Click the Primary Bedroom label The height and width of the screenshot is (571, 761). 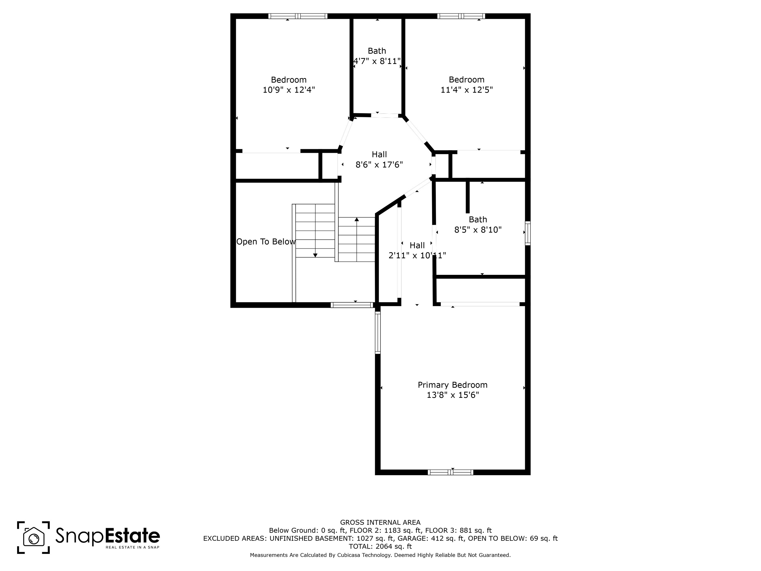pyautogui.click(x=452, y=385)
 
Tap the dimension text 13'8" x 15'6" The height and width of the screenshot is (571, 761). pyautogui.click(x=452, y=395)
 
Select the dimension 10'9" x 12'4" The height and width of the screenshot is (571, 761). pyautogui.click(x=289, y=90)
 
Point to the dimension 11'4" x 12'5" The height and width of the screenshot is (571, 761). pyautogui.click(x=466, y=90)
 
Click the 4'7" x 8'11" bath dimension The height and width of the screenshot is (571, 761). pyautogui.click(x=377, y=61)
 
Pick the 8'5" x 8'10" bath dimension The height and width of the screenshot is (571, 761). pyautogui.click(x=478, y=229)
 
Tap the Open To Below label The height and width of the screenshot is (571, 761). pyautogui.click(x=266, y=242)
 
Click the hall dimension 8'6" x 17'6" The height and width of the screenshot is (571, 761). pyautogui.click(x=379, y=165)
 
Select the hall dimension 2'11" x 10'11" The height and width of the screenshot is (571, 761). pyautogui.click(x=417, y=255)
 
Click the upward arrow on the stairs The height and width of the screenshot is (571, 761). pyautogui.click(x=357, y=220)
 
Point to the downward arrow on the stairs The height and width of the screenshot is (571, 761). pyautogui.click(x=315, y=255)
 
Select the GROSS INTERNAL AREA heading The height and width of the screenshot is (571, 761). pyautogui.click(x=380, y=522)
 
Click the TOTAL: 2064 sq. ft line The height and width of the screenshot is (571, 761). pyautogui.click(x=380, y=546)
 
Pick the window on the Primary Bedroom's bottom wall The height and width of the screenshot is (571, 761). pyautogui.click(x=450, y=472)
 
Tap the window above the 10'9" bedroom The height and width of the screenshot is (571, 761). pyautogui.click(x=298, y=16)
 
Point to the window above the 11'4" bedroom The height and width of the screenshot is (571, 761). pyautogui.click(x=461, y=16)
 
